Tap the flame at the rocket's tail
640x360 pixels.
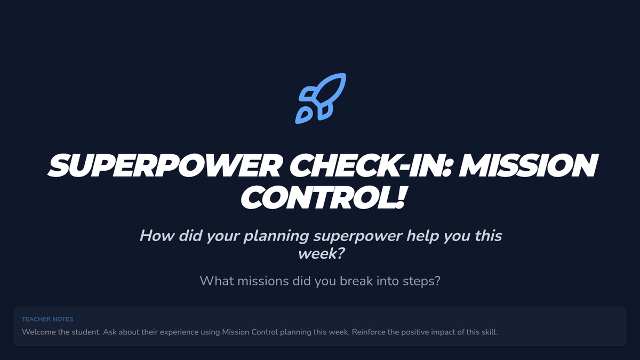[x=302, y=116]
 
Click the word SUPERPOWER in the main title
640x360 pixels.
[x=165, y=166]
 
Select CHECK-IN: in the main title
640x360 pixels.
[x=371, y=166]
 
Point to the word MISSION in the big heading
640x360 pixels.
[x=529, y=166]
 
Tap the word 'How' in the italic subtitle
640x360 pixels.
[x=157, y=236]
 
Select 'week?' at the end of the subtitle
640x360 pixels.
[x=322, y=254]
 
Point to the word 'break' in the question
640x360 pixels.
[x=356, y=281]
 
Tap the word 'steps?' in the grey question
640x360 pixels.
[x=421, y=282]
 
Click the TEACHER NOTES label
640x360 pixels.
[x=47, y=319]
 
